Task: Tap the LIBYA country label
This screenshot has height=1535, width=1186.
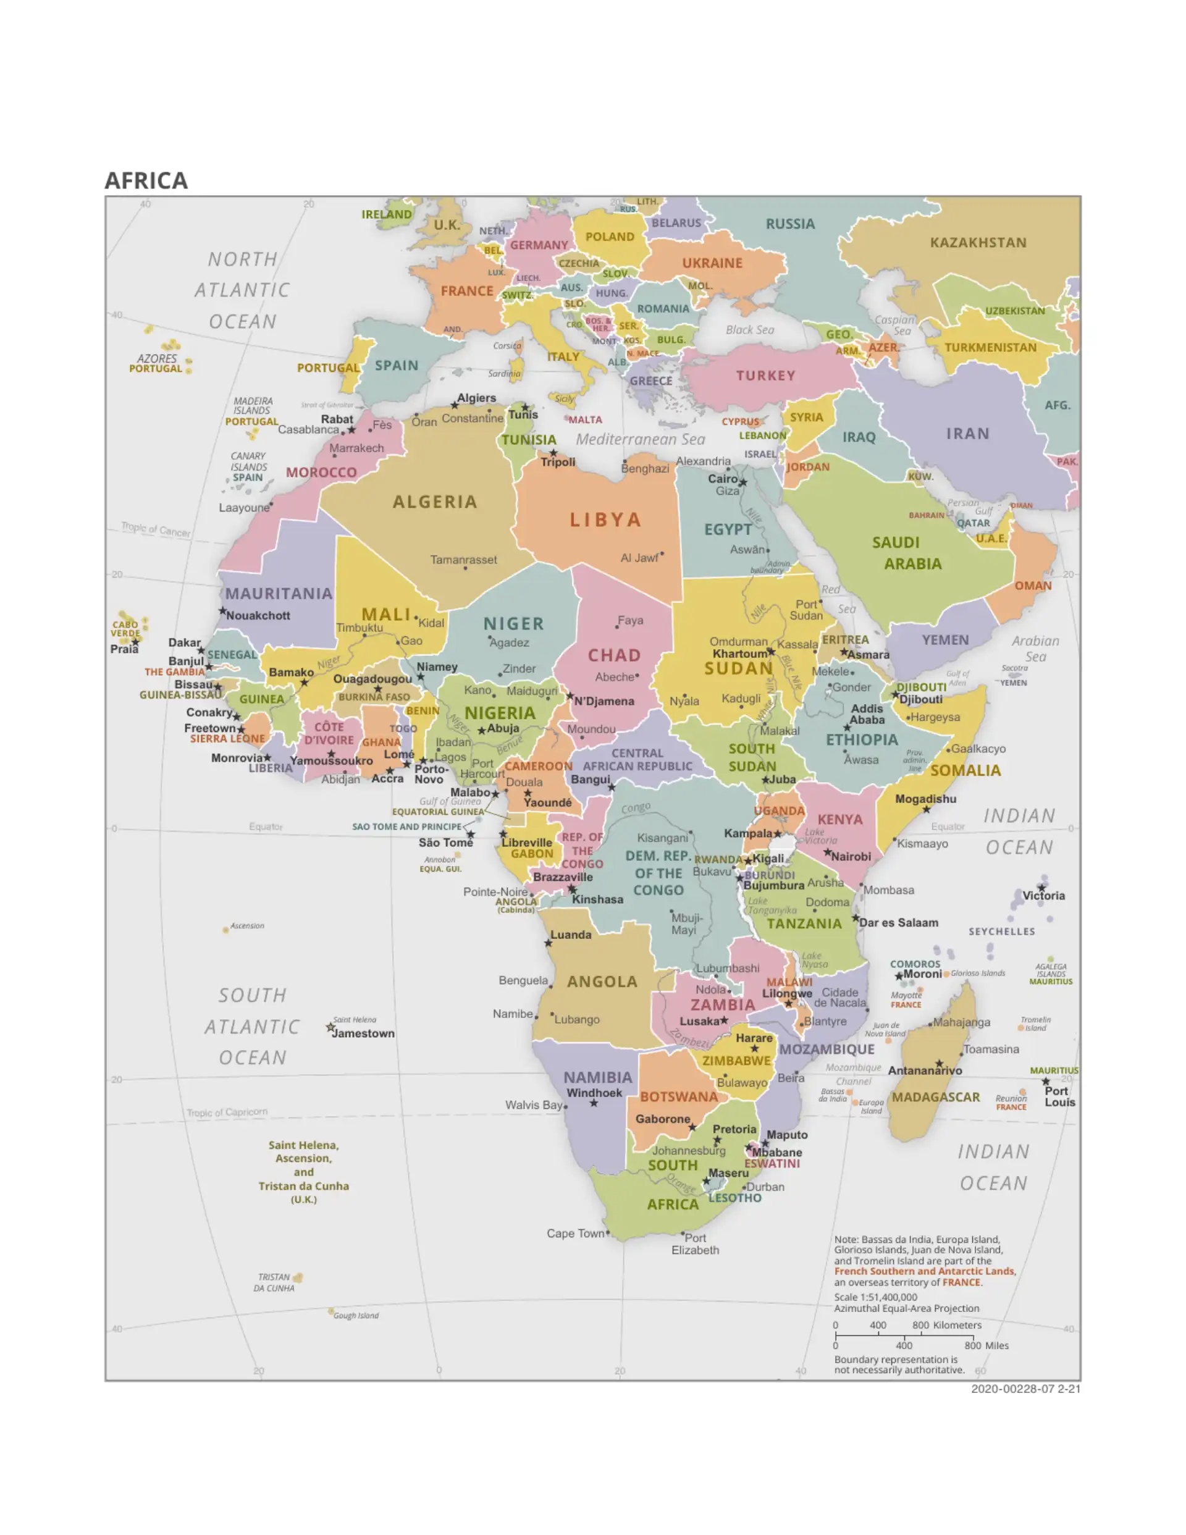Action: pyautogui.click(x=605, y=520)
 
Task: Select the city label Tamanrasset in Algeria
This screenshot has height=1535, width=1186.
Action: pyautogui.click(x=463, y=560)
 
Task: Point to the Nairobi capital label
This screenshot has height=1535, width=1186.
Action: pyautogui.click(x=851, y=856)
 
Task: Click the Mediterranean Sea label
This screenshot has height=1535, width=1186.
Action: pyautogui.click(x=641, y=439)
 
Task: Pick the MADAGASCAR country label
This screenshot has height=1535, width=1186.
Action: pyautogui.click(x=935, y=1097)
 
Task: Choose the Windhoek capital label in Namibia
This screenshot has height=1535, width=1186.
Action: pyautogui.click(x=594, y=1092)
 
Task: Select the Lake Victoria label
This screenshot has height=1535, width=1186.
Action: pyautogui.click(x=820, y=836)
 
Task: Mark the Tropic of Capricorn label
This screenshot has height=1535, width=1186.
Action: pyautogui.click(x=227, y=1112)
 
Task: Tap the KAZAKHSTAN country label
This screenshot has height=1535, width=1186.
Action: pyautogui.click(x=978, y=243)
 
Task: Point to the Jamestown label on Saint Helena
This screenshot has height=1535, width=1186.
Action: pyautogui.click(x=363, y=1033)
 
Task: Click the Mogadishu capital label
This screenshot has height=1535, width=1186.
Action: pyautogui.click(x=925, y=799)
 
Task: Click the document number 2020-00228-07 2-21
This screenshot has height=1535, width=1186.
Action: pyautogui.click(x=1025, y=1389)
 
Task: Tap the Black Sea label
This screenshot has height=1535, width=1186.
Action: pyautogui.click(x=749, y=330)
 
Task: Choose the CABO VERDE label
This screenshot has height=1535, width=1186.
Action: pyautogui.click(x=125, y=628)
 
